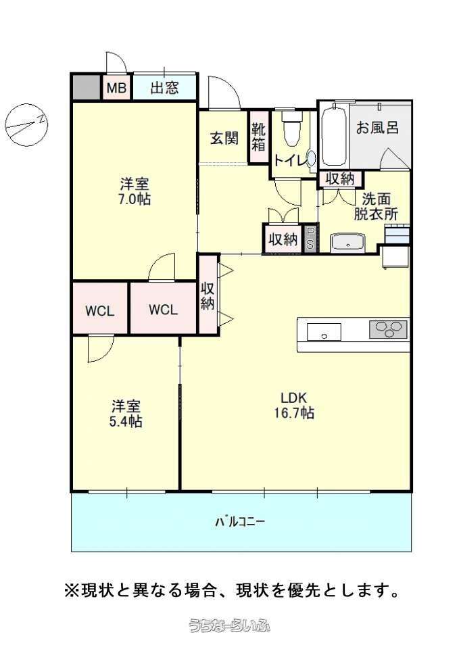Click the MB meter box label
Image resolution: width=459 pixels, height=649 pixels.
coord(116,88)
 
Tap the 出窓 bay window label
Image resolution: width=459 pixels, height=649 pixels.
coord(164,87)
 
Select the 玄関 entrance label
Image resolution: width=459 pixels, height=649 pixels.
coord(224,138)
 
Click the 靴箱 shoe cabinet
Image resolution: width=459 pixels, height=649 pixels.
coord(259,137)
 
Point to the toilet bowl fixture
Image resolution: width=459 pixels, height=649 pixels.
coord(292,128)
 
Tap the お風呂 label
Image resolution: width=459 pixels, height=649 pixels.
coord(377,127)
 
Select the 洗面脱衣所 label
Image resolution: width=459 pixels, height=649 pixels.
coord(375,206)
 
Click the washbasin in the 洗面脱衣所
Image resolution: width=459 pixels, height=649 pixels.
coord(348,243)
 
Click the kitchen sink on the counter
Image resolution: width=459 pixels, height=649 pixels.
coord(324,332)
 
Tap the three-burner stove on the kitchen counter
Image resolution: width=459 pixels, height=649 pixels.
coord(388,329)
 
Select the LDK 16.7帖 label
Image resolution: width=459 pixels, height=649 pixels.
coord(293,405)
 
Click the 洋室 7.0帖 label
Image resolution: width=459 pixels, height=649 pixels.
coord(135,191)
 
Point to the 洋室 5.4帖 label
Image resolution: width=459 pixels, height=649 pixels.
coord(126,413)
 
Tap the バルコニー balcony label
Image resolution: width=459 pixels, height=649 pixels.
coord(240,521)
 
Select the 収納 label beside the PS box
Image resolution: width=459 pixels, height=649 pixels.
coord(283,239)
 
